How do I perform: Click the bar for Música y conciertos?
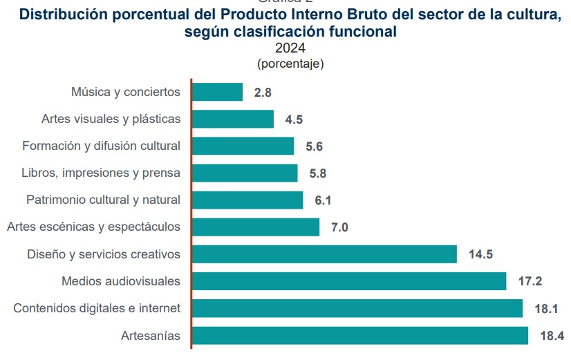pos(217,92)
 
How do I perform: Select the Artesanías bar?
pos(359,336)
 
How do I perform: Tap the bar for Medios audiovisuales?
pos(349,281)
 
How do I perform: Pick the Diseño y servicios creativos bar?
pos(324,254)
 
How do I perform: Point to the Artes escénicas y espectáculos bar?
pos(255,227)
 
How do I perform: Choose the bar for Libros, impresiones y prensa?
pos(244,173)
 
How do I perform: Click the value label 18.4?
pos(551,337)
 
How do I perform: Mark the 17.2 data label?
pos(529,282)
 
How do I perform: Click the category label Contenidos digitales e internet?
pos(97,308)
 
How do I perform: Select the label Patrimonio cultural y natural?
pos(103,200)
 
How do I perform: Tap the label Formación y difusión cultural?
pos(101,146)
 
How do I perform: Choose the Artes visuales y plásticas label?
pos(111,119)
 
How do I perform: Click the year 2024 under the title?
pos(290,48)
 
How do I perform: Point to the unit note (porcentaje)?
pos(290,64)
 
